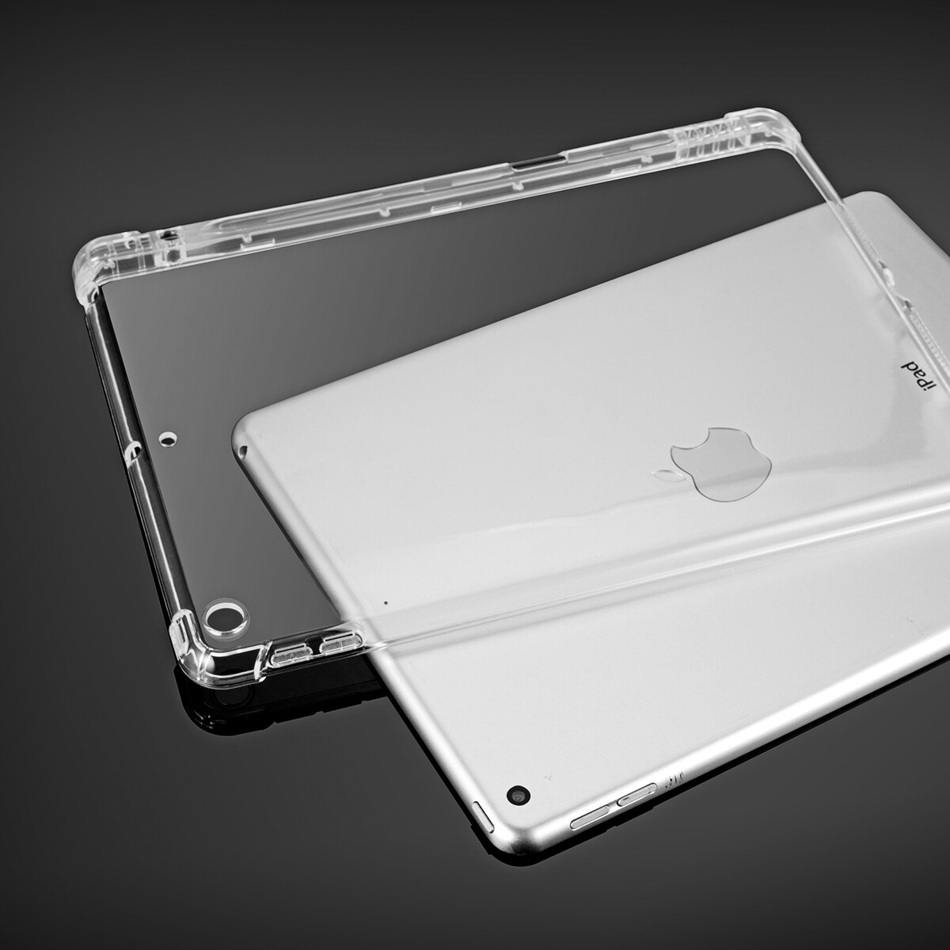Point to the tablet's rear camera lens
519,793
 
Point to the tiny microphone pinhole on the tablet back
386,602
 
